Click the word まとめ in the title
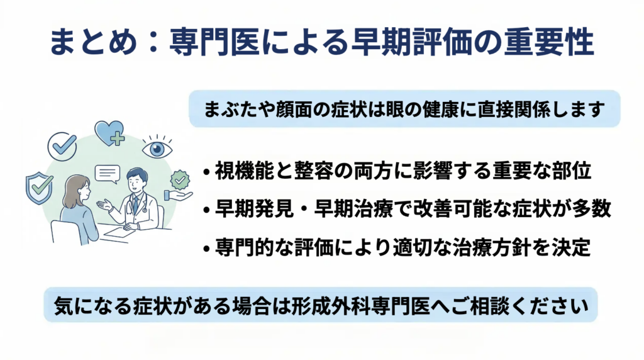[x=93, y=42]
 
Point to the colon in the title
[x=153, y=42]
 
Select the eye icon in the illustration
[x=157, y=147]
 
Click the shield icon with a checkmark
[x=40, y=188]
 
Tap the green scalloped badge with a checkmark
[x=180, y=179]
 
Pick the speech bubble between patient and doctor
[x=107, y=174]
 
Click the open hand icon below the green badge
[x=177, y=196]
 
